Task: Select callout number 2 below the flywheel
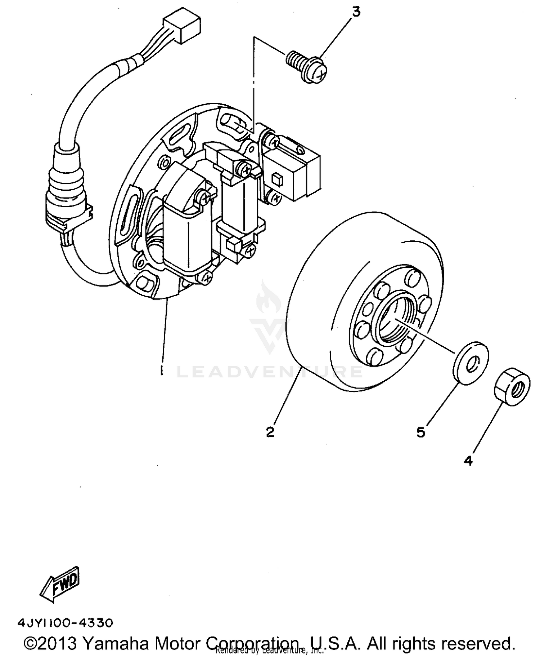270,432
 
